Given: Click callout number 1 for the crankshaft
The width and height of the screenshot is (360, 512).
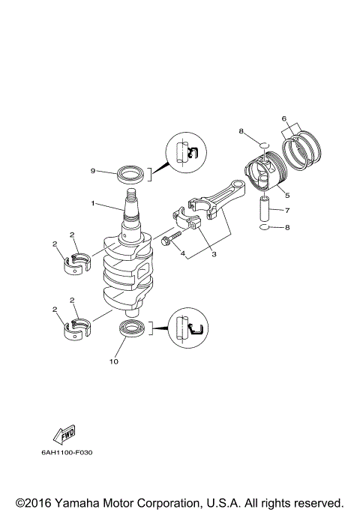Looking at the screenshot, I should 93,202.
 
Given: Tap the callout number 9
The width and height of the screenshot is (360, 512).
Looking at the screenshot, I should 93,171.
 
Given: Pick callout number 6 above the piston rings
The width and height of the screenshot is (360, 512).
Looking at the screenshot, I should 284,118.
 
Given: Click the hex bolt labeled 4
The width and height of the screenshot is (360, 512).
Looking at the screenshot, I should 169,239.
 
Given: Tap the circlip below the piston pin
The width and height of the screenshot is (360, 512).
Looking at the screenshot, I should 265,226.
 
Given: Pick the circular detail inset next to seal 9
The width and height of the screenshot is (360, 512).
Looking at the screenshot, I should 185,153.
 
